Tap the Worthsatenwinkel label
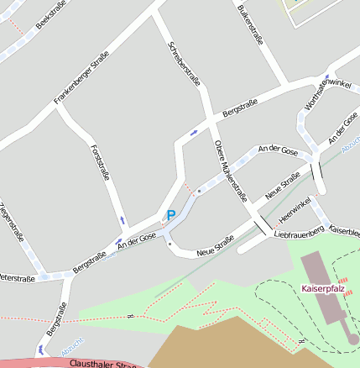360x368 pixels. click(x=327, y=93)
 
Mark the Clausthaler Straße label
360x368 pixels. click(x=104, y=365)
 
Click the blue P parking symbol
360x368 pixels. click(x=171, y=215)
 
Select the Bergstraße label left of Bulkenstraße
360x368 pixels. click(x=240, y=106)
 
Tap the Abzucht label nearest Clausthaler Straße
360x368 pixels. click(x=73, y=342)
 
